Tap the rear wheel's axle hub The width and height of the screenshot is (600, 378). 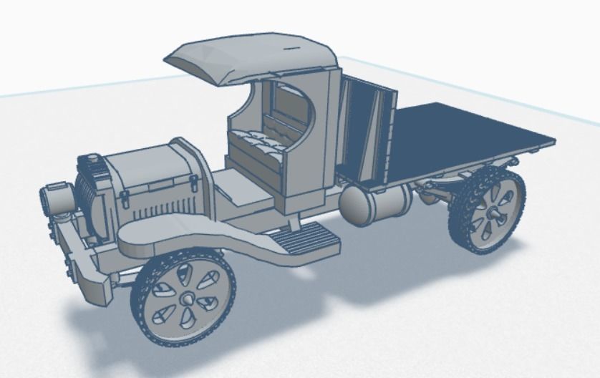(x=493, y=213)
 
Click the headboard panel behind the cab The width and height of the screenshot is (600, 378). (x=365, y=129)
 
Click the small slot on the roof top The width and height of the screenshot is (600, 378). (x=293, y=48)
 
